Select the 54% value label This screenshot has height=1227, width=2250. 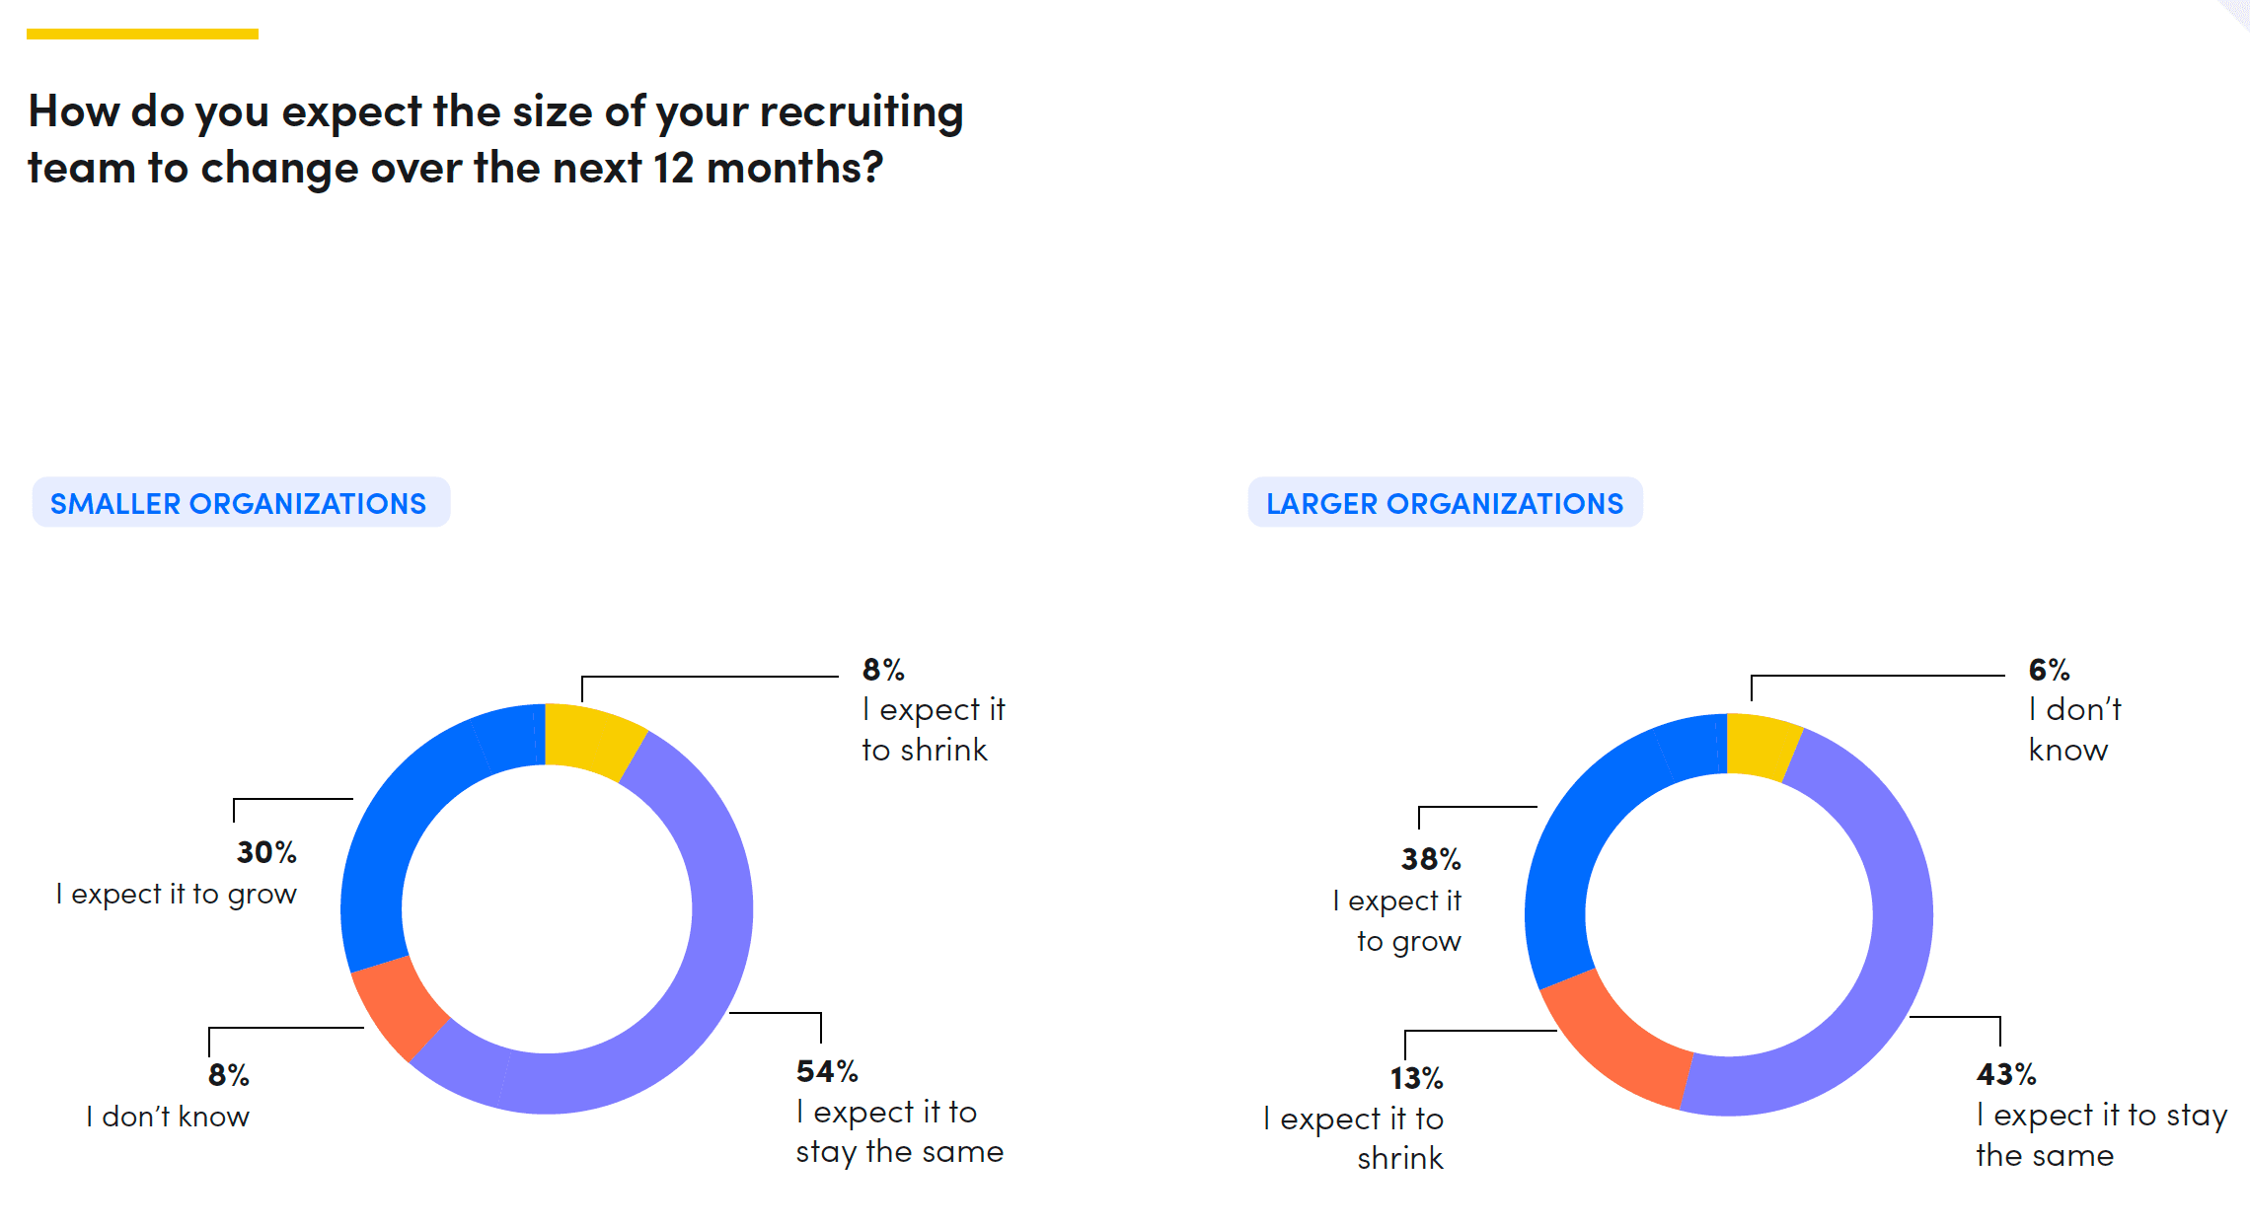tap(827, 1071)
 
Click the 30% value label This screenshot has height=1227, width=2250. tap(266, 852)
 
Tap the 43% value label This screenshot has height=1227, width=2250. tap(2006, 1074)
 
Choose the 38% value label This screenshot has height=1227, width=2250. tap(1431, 859)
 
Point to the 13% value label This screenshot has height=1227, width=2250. tap(1416, 1078)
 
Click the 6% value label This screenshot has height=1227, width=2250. tap(2049, 671)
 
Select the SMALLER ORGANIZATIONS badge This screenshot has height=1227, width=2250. tap(240, 503)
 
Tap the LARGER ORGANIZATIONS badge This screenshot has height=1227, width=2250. tap(1445, 503)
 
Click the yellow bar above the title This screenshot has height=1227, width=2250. tap(142, 35)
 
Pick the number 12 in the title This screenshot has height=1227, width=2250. tap(673, 169)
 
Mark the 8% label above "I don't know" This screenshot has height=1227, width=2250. tap(228, 1075)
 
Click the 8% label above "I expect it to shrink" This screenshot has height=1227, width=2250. tap(882, 671)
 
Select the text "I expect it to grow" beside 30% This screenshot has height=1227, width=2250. tap(176, 895)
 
